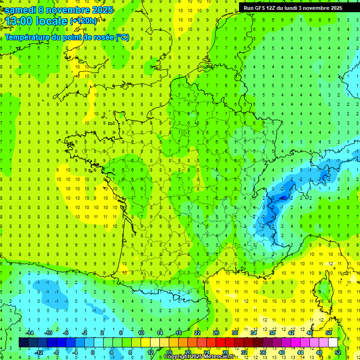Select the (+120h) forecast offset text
(x=84, y=21)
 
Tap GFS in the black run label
(x=261, y=7)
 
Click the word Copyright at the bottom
(x=176, y=357)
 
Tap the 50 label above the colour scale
(x=328, y=333)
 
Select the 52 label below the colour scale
(x=337, y=352)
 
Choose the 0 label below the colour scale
(x=92, y=352)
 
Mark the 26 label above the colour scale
(x=216, y=333)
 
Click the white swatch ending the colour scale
(x=333, y=342)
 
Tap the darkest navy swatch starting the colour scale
(x=23, y=342)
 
